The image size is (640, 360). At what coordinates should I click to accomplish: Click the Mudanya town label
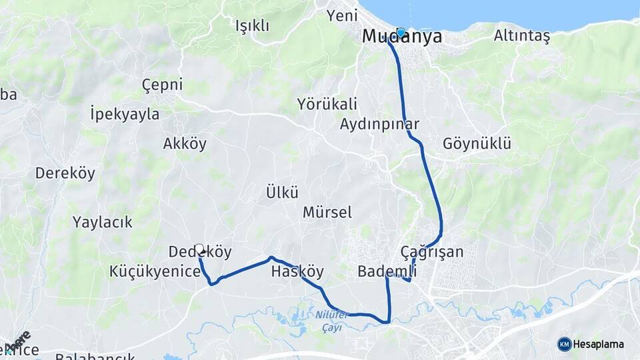[x=401, y=37]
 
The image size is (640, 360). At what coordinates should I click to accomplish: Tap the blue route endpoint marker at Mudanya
[x=401, y=32]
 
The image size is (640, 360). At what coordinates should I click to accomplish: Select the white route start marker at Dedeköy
[x=199, y=248]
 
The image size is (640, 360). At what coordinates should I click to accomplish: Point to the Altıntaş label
[x=522, y=36]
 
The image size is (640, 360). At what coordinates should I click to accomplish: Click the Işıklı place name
[x=252, y=25]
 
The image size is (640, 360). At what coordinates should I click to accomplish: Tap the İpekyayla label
[x=125, y=114]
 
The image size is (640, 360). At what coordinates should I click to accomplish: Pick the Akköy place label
[x=185, y=143]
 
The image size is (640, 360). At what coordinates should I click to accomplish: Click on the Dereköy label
[x=65, y=173]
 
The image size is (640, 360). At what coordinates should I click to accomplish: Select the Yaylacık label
[x=103, y=222]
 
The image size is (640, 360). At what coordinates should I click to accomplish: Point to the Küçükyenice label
[x=155, y=271]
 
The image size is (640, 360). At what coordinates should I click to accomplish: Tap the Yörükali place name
[x=327, y=103]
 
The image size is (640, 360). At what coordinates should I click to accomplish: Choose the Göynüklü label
[x=477, y=143]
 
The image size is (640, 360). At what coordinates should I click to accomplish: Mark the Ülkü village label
[x=281, y=193]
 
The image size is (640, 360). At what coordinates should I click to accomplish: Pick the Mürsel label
[x=327, y=213]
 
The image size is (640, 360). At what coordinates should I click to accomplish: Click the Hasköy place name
[x=297, y=271]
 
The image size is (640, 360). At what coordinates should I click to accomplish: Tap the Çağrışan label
[x=432, y=251]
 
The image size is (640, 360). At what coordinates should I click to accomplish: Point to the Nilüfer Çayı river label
[x=332, y=319]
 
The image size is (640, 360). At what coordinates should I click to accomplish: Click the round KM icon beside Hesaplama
[x=565, y=344]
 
